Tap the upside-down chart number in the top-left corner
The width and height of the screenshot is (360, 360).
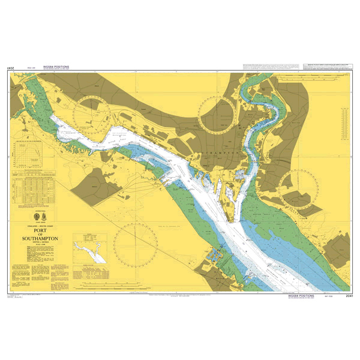pyautogui.click(x=10, y=68)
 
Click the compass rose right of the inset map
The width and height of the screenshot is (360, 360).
pyautogui.click(x=136, y=239)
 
